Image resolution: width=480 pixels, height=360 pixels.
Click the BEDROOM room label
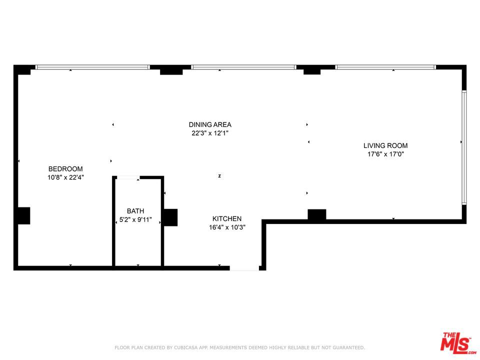tap(65, 169)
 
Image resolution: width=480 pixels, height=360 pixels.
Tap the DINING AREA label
tap(210, 124)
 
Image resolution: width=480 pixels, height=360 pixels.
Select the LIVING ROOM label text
tap(385, 146)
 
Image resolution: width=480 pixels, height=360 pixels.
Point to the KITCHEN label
tap(227, 218)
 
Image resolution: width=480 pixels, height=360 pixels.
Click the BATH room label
tap(135, 211)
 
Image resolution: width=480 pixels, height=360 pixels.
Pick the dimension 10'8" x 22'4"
tap(65, 177)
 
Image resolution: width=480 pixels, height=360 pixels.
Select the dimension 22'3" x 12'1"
tap(210, 133)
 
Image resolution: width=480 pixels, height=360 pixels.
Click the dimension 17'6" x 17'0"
tap(385, 154)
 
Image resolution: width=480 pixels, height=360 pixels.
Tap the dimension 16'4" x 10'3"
tap(227, 227)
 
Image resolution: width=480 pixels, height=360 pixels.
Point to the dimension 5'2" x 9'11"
tap(135, 219)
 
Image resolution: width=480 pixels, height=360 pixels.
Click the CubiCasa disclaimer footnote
tap(240, 347)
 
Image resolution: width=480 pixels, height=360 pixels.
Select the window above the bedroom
tap(92, 67)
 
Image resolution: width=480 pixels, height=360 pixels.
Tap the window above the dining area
tap(243, 67)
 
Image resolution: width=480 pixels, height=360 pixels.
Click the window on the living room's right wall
tap(464, 147)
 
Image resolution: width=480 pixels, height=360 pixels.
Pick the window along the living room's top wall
tap(385, 67)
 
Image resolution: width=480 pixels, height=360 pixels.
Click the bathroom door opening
tap(128, 177)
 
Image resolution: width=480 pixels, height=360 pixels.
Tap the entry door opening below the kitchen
tap(244, 268)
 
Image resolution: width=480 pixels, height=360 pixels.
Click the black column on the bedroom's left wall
tap(23, 215)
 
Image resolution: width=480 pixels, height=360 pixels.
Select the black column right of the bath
tap(170, 217)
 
